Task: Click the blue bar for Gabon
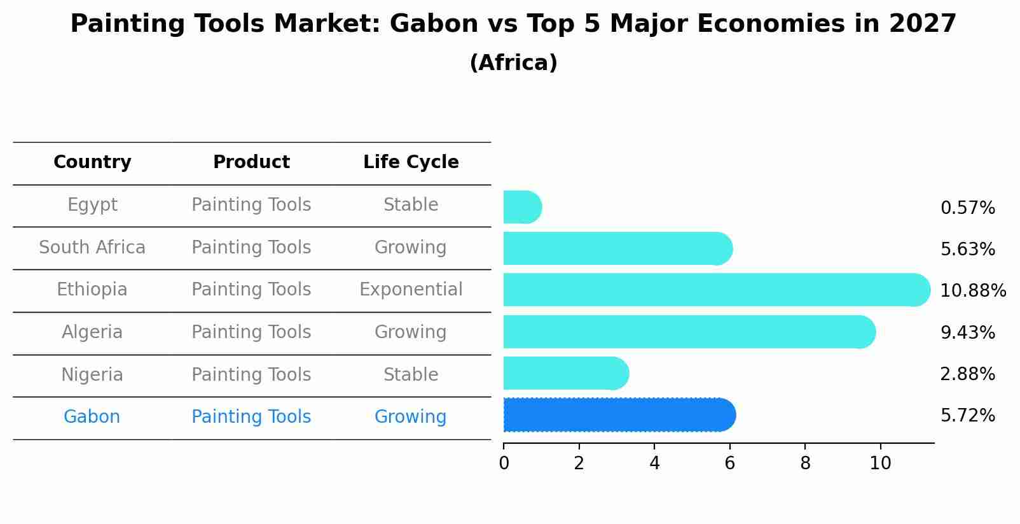pyautogui.click(x=619, y=415)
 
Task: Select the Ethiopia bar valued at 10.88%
pyautogui.click(x=716, y=290)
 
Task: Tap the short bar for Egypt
pyautogui.click(x=521, y=208)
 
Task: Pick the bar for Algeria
pyautogui.click(x=689, y=332)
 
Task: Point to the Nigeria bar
pyautogui.click(x=565, y=374)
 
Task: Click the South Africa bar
pyautogui.click(x=617, y=249)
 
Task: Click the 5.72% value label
pyautogui.click(x=967, y=416)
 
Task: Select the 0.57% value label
pyautogui.click(x=967, y=208)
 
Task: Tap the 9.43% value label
pyautogui.click(x=967, y=332)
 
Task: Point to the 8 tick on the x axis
pyautogui.click(x=805, y=464)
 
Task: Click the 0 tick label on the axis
pyautogui.click(x=504, y=464)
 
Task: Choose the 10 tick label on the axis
pyautogui.click(x=880, y=464)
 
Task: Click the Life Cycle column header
pyautogui.click(x=411, y=162)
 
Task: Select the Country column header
pyautogui.click(x=92, y=162)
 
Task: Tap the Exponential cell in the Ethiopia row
pyautogui.click(x=411, y=290)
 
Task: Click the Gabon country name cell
pyautogui.click(x=92, y=417)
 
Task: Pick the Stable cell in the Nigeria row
pyautogui.click(x=411, y=374)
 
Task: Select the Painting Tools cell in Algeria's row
pyautogui.click(x=251, y=332)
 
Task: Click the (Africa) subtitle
pyautogui.click(x=513, y=63)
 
